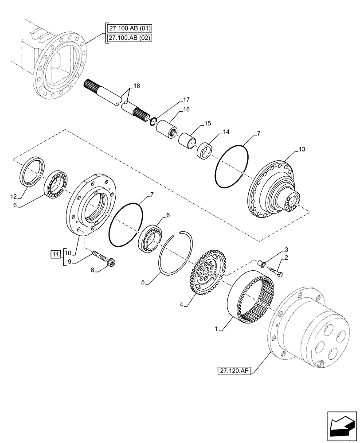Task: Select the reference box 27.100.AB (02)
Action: click(x=128, y=38)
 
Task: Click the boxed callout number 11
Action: click(x=55, y=254)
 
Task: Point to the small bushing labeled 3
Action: click(x=263, y=264)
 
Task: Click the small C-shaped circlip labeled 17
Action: click(x=153, y=120)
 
